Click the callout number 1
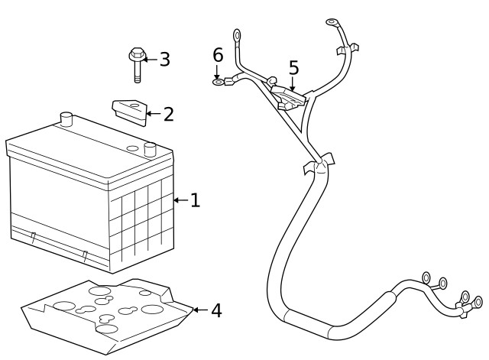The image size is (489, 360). (196, 200)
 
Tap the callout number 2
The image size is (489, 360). (168, 114)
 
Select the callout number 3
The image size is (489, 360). (165, 60)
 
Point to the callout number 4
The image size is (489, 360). (216, 310)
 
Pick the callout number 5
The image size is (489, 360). (293, 68)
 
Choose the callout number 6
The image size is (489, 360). (218, 55)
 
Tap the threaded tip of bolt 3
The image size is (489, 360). (138, 79)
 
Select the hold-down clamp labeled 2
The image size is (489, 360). (130, 112)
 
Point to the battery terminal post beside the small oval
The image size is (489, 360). (150, 150)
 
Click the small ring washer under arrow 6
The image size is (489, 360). (219, 83)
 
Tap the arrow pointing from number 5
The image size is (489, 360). (292, 83)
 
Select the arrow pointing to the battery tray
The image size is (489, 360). (200, 310)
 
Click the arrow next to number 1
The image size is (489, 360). (181, 200)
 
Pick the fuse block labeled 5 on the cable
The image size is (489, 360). (288, 98)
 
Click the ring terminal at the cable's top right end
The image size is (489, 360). (332, 22)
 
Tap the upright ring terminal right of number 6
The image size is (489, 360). (237, 34)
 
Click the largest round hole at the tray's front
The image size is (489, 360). (107, 329)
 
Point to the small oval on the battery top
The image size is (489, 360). (132, 148)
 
